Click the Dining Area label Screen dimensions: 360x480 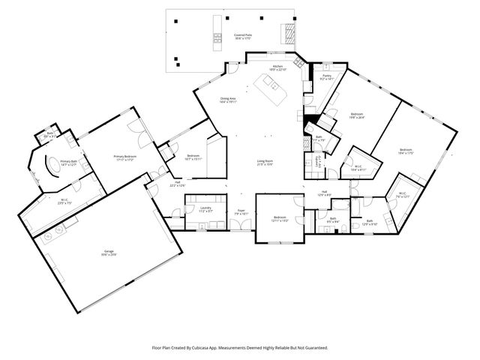228,100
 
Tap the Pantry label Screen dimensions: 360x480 327,77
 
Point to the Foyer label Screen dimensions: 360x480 241,212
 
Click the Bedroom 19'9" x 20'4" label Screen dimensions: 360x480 357,115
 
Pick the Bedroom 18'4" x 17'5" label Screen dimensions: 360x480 406,151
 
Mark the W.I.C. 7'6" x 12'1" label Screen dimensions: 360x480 402,195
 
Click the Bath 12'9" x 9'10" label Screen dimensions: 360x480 370,222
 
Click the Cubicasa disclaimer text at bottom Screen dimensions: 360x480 240,347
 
